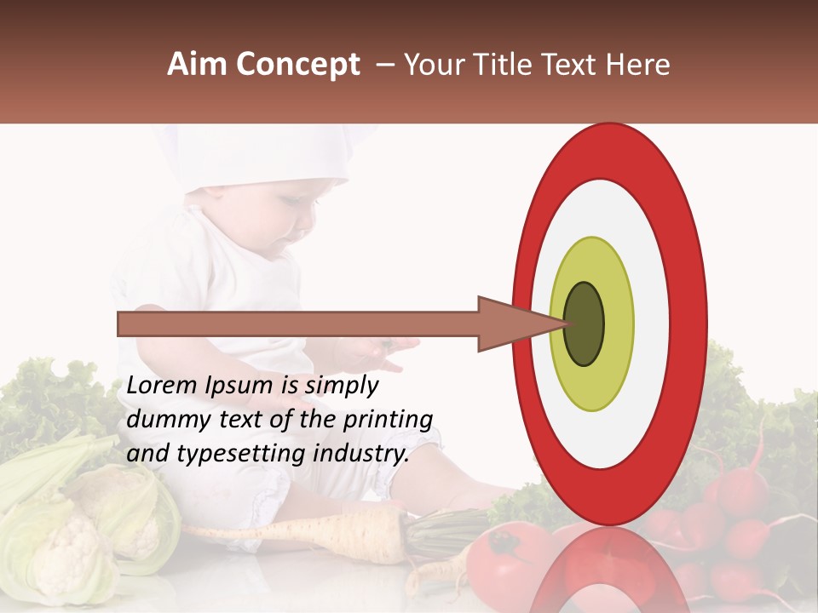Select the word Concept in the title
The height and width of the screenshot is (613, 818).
pos(297,66)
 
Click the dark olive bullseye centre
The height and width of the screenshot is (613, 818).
pos(585,324)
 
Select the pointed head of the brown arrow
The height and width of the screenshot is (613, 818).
pos(511,324)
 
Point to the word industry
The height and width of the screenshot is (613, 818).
pos(360,453)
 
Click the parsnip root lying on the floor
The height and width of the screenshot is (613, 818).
pos(341,528)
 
